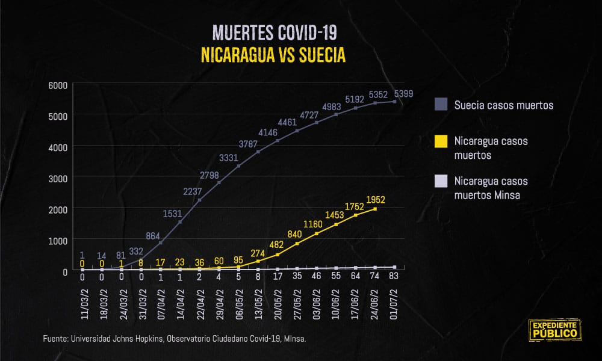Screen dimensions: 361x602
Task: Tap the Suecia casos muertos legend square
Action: (441, 105)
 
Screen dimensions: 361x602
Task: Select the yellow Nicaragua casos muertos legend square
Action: (441, 141)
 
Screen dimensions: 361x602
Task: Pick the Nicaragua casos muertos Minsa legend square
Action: (441, 181)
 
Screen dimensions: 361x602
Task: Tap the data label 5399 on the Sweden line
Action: (403, 94)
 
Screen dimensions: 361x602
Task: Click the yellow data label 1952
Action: (375, 200)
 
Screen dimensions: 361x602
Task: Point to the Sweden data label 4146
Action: (267, 132)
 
